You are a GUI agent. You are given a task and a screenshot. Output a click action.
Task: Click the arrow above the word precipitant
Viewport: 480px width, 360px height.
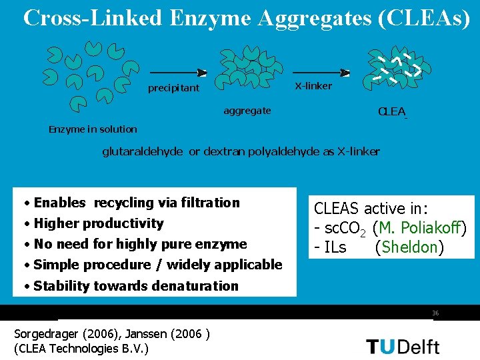point(178,73)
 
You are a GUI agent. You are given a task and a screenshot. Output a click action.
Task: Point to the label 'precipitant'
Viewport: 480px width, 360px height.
point(173,88)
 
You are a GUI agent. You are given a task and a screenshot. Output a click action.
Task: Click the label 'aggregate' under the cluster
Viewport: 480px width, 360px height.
point(247,111)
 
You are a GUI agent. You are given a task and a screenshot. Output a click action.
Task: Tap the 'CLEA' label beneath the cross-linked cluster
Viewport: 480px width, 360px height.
point(391,111)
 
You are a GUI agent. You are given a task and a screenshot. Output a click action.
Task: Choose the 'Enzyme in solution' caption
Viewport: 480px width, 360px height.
point(93,129)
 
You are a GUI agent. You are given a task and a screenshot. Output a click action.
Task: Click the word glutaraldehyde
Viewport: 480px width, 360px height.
point(142,151)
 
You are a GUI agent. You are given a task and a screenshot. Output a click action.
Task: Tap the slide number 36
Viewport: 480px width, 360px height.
point(435,313)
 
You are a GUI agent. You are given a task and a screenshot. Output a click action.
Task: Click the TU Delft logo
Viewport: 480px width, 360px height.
point(403,346)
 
